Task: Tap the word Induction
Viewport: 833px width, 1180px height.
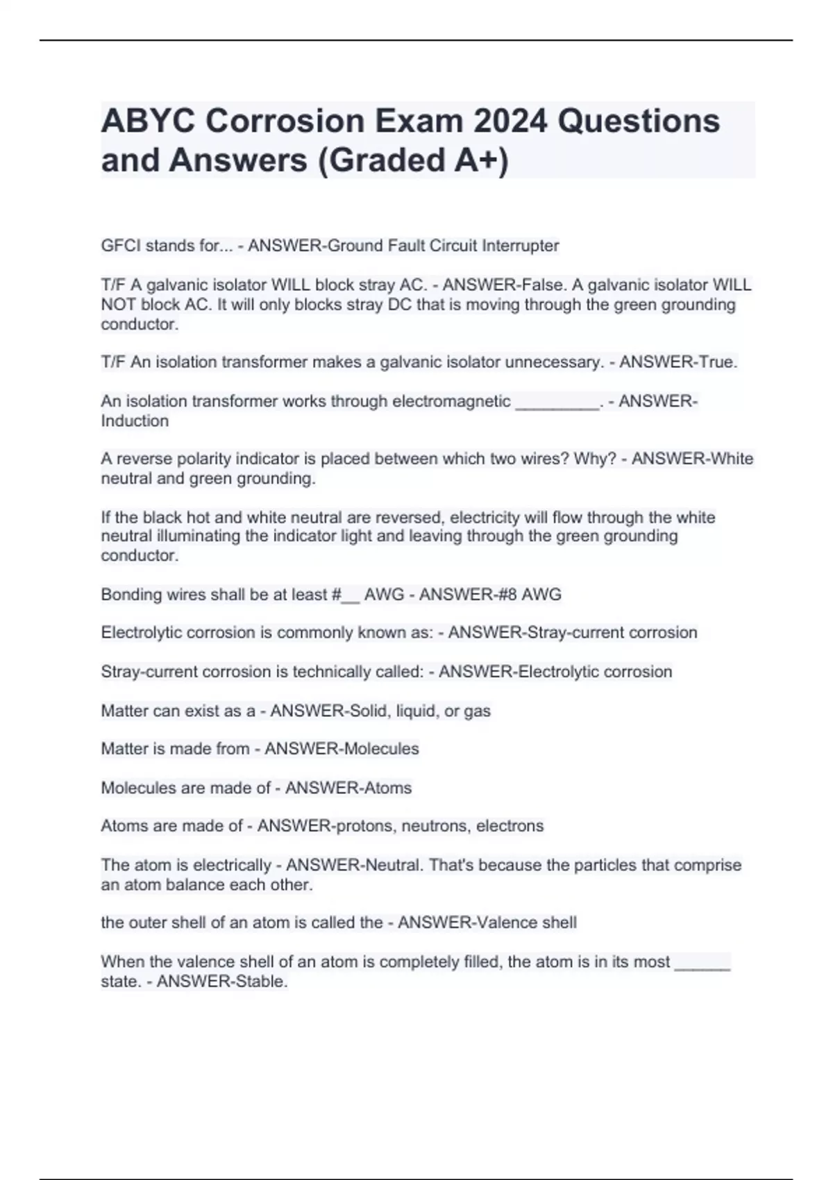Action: (135, 421)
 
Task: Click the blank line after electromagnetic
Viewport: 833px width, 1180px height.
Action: (557, 402)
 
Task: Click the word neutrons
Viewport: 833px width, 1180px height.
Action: (435, 826)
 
